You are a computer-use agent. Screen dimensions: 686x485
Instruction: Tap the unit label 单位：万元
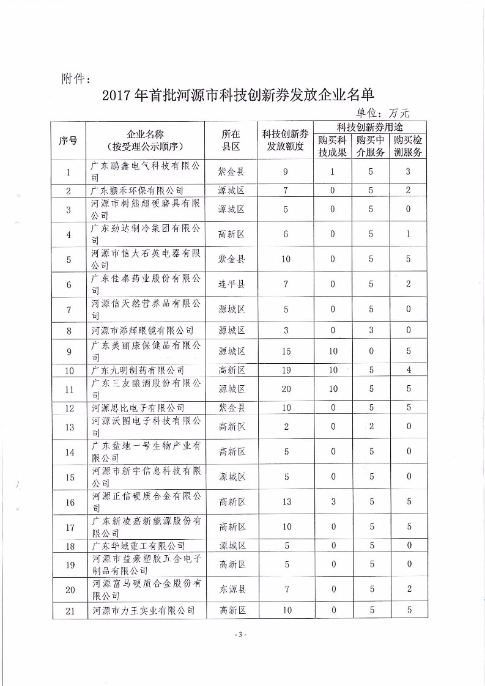click(382, 112)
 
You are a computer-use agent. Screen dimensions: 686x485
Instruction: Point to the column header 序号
click(68, 140)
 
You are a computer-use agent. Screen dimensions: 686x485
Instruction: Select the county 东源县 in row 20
click(232, 589)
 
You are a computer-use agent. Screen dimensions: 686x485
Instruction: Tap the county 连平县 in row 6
click(232, 284)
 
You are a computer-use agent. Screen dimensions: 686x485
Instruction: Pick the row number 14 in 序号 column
click(69, 452)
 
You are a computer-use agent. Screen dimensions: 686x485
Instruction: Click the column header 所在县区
click(231, 140)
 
